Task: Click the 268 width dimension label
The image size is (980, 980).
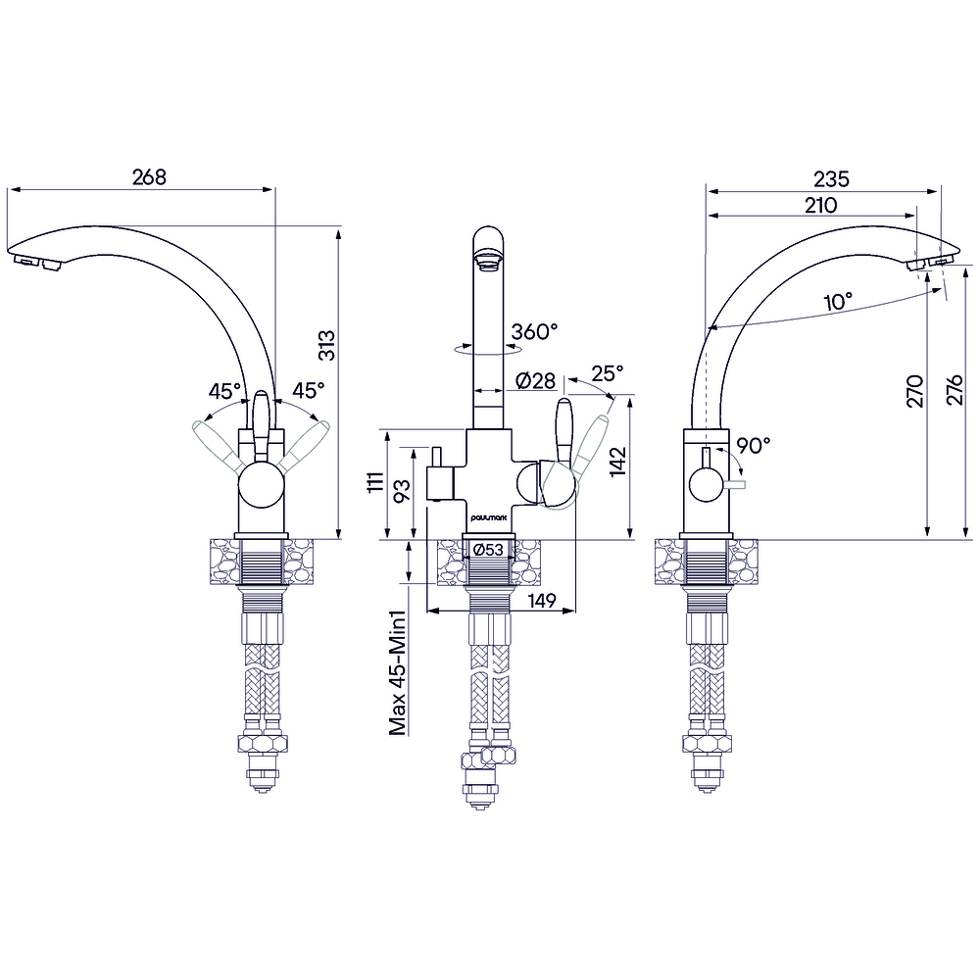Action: tap(149, 177)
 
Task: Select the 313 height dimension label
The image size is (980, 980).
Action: tap(327, 346)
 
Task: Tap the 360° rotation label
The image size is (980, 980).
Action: tap(534, 331)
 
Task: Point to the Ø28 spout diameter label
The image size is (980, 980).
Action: tap(536, 380)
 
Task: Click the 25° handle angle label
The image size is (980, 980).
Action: tap(608, 373)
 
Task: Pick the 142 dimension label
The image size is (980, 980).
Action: tap(618, 462)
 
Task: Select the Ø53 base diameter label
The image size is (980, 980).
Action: tap(488, 550)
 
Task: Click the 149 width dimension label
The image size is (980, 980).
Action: tap(542, 601)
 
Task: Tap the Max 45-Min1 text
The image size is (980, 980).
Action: tap(398, 673)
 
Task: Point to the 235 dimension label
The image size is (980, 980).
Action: tap(831, 179)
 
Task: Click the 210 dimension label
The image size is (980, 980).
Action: tap(820, 205)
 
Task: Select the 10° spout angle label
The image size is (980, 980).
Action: tap(838, 302)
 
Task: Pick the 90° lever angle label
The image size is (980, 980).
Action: tap(753, 446)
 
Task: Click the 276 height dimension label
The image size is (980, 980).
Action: tap(955, 391)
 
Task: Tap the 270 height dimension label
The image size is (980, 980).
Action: tap(915, 391)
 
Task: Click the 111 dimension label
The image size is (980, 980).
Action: tap(375, 482)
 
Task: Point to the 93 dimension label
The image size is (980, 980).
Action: tap(402, 490)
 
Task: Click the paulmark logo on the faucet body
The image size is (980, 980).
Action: tap(489, 518)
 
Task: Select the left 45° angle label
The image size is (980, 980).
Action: tap(224, 391)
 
